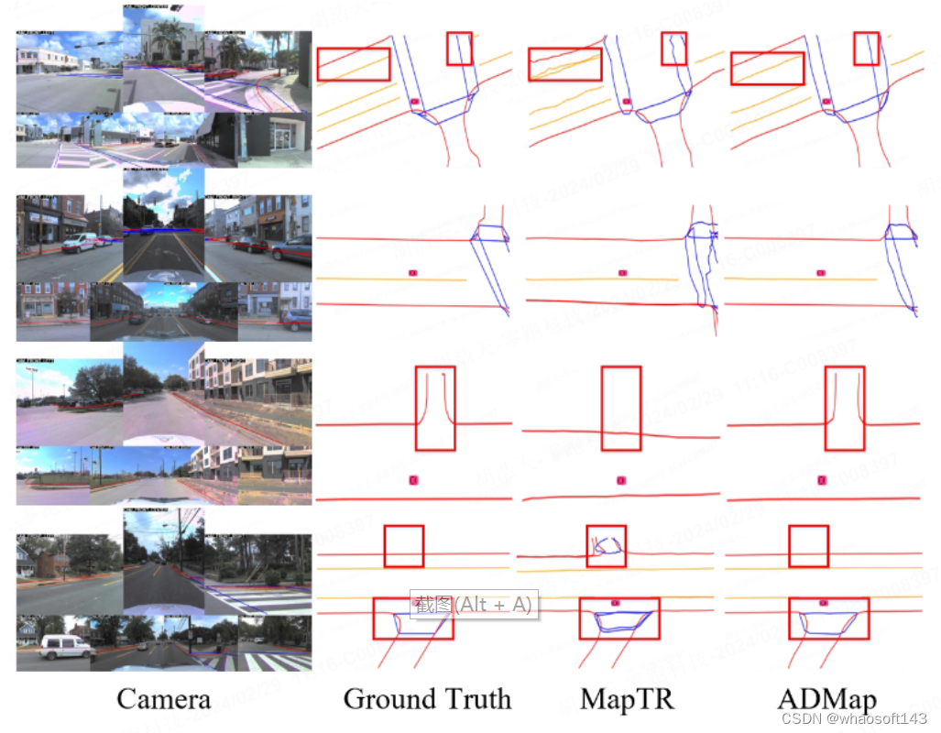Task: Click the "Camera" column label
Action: click(163, 699)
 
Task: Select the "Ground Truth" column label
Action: click(427, 699)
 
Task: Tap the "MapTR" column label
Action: click(627, 699)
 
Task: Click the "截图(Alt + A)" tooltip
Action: click(473, 604)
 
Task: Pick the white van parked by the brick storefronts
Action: click(81, 242)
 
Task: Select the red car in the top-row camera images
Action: click(221, 73)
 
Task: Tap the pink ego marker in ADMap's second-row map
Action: click(821, 272)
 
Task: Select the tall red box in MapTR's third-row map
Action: click(621, 409)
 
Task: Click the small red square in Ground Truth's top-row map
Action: click(459, 49)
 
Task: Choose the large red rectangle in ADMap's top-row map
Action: click(767, 69)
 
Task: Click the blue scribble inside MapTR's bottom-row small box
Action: click(606, 547)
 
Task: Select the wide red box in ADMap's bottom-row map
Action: click(828, 618)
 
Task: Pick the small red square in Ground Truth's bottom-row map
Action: click(403, 546)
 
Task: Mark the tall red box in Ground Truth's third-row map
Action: click(434, 409)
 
